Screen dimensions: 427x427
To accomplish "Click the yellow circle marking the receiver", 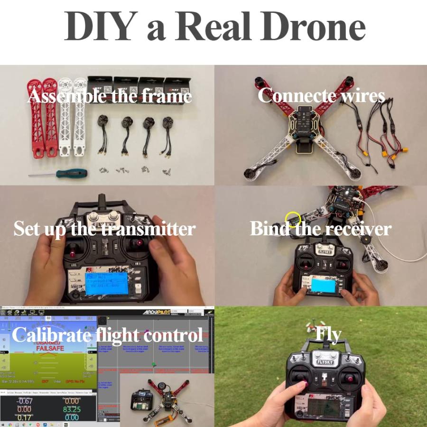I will click(x=293, y=219).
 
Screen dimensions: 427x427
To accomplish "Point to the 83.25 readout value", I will click(x=72, y=409).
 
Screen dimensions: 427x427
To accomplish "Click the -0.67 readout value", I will click(x=24, y=401).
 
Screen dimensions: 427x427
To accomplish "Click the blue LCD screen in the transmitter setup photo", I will click(x=106, y=283).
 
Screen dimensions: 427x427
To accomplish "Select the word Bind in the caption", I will click(x=269, y=229).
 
